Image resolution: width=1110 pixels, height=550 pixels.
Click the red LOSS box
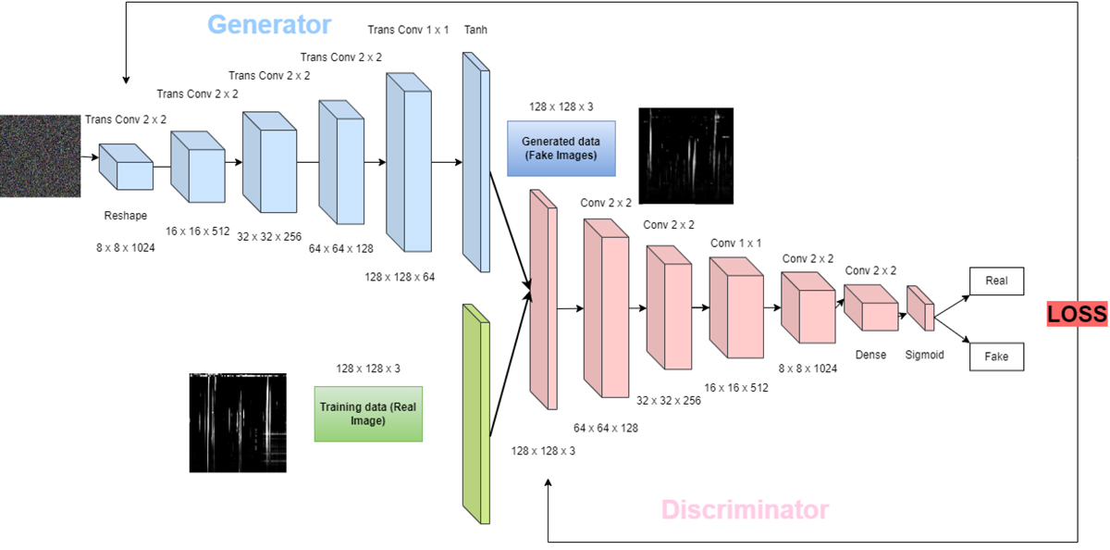[1077, 315]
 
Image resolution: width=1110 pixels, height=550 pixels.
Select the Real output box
[996, 281]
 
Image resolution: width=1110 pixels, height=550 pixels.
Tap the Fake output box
[996, 356]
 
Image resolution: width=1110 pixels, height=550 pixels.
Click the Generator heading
[269, 23]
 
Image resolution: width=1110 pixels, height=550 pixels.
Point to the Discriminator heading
[745, 509]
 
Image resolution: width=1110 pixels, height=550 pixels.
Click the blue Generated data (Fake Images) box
[561, 148]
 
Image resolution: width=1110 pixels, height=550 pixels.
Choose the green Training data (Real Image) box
[368, 414]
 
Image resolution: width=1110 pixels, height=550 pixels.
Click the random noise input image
[38, 156]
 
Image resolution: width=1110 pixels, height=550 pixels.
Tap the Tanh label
[475, 31]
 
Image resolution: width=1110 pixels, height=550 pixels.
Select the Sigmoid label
[924, 354]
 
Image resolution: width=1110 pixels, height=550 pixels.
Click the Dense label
[870, 354]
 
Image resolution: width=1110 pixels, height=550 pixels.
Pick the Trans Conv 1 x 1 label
[408, 31]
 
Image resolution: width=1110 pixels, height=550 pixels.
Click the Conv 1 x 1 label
[735, 243]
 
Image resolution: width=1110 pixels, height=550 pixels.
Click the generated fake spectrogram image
[685, 155]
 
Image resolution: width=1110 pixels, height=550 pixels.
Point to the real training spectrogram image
[238, 421]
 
